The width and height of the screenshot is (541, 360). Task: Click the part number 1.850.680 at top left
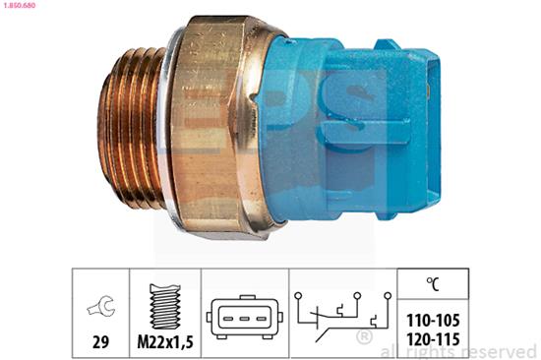coord(18,6)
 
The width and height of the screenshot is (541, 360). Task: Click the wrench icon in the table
coord(100,306)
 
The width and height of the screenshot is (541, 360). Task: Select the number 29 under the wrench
coord(100,342)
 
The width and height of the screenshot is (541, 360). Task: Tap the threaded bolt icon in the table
coord(165,306)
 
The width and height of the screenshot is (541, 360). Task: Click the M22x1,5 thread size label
coord(165,342)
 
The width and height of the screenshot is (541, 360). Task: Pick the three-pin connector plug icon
coord(245,317)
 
